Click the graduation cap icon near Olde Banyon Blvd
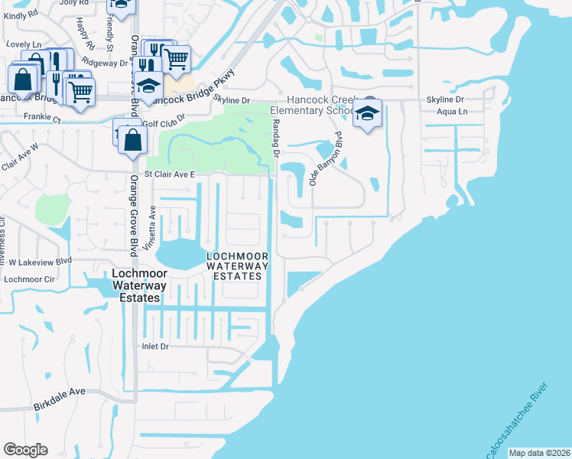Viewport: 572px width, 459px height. pos(368,115)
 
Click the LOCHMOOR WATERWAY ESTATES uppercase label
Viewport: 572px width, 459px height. pos(238,265)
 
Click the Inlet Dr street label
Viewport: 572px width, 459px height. pos(154,347)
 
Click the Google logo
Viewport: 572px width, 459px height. pos(25,450)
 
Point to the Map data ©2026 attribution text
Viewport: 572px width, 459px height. pos(538,453)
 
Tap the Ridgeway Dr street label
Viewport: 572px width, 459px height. pos(104,63)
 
